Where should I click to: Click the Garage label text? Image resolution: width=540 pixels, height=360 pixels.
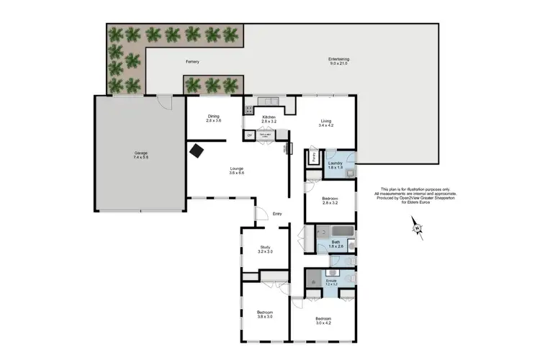[x=140, y=153]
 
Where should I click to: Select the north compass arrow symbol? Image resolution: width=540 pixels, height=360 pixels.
[x=416, y=229]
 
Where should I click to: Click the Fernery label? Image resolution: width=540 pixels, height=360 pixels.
[x=192, y=62]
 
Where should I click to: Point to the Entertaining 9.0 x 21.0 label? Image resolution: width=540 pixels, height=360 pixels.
[x=338, y=60]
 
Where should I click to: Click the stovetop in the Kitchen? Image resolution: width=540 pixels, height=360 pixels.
[x=250, y=110]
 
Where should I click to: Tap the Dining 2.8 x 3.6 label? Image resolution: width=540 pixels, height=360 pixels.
[x=213, y=118]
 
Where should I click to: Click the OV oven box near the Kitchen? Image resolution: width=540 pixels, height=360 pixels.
[x=250, y=135]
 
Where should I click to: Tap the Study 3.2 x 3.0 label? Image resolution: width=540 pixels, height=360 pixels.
[x=265, y=249]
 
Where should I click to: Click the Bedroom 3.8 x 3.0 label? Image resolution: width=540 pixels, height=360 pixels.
[x=265, y=314]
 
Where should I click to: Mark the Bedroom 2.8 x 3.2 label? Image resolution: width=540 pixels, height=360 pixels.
[x=329, y=200]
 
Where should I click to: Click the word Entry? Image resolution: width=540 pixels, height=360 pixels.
[x=277, y=213]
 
